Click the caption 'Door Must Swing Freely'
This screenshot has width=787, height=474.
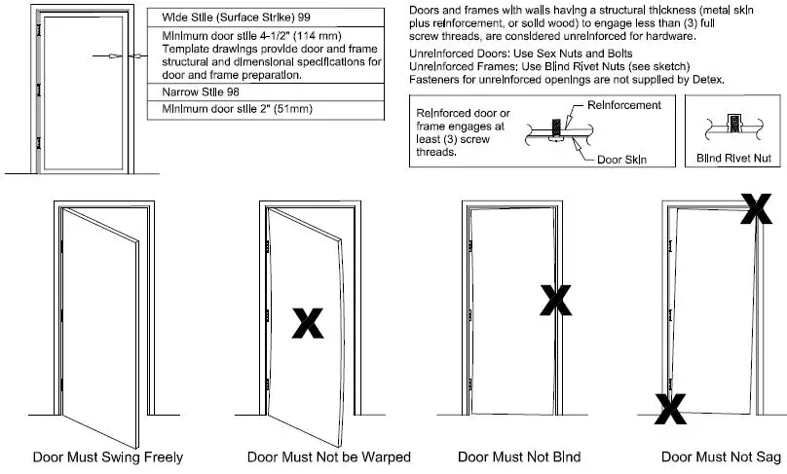(108, 456)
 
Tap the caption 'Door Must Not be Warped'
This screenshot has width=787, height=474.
(328, 456)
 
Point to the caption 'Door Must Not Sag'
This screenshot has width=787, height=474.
(722, 456)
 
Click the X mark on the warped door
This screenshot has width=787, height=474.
(308, 323)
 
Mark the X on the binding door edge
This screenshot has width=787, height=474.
(556, 301)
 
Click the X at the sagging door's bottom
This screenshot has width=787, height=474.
(669, 409)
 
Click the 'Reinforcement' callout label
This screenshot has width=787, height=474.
(625, 105)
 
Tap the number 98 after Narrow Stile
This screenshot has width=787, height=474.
(238, 91)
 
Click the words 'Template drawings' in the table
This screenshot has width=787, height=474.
(203, 48)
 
